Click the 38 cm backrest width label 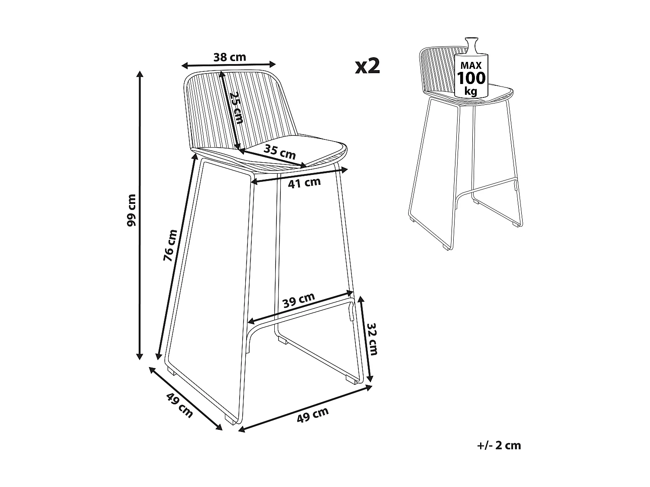[230, 57]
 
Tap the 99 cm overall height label [132, 210]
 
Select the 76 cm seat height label [171, 245]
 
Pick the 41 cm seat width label [305, 183]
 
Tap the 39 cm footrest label [299, 300]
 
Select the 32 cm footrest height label [371, 339]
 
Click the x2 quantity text [367, 66]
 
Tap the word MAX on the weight [471, 66]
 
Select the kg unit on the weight [471, 91]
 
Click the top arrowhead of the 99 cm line [140, 74]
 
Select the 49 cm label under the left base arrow [179, 406]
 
